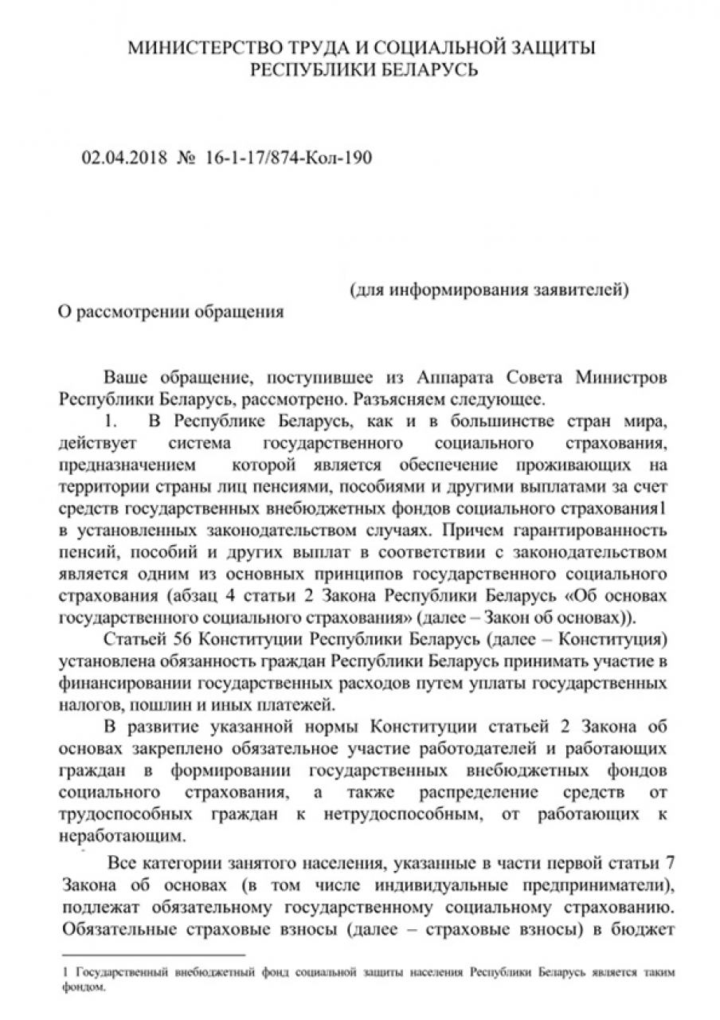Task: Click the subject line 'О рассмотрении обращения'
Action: [x=171, y=312]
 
